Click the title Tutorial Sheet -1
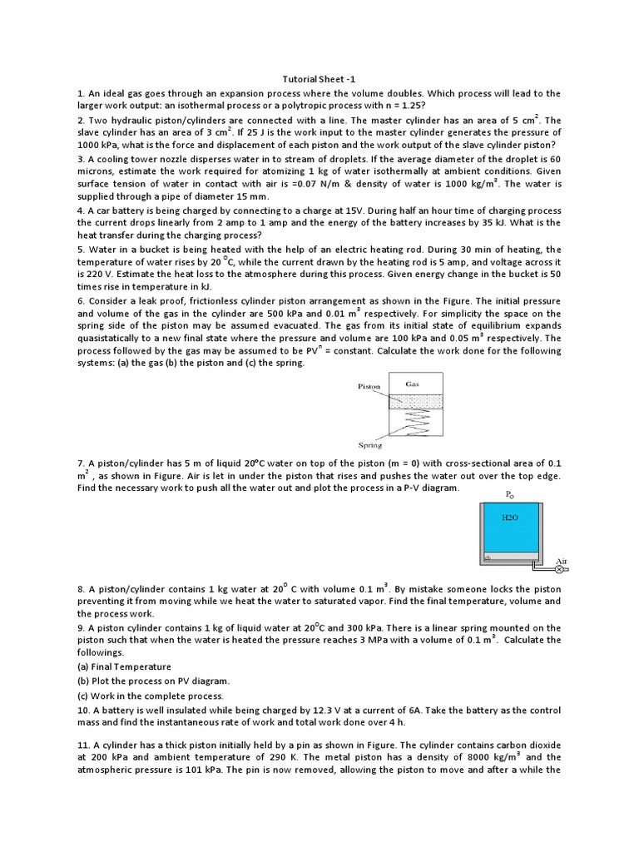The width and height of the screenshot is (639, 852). (319, 79)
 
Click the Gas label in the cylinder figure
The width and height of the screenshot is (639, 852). (413, 384)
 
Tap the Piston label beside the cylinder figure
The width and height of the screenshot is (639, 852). (369, 387)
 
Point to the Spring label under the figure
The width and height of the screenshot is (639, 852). (369, 445)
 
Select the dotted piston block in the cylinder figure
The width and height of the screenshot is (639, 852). (414, 400)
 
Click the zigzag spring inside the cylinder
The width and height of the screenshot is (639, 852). (414, 422)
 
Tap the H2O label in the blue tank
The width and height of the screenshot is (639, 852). (509, 517)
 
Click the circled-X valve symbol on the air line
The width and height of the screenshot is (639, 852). (559, 572)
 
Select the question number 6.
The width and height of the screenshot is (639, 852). (81, 300)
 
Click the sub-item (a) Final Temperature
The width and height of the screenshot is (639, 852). (124, 666)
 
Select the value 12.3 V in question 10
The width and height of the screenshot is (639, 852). (338, 710)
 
